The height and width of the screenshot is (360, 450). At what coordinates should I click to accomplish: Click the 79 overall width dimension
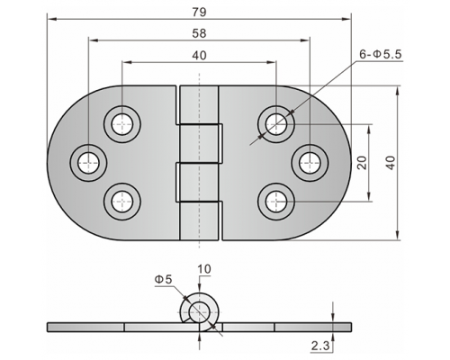coord(199,13)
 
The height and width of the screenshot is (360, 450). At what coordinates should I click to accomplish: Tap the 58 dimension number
coord(199,33)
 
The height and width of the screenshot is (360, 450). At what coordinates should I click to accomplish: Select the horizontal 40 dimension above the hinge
coord(199,56)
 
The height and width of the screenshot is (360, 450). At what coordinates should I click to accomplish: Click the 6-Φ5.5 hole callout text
coord(381,54)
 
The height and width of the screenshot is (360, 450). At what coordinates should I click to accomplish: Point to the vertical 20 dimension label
coord(362,163)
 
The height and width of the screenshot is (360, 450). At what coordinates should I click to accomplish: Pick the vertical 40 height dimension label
coord(391,163)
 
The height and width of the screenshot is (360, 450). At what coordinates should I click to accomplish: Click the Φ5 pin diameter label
coord(164,279)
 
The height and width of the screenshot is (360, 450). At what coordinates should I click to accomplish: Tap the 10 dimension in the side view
coord(204,269)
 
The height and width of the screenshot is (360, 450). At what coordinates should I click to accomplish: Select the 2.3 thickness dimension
coord(320,346)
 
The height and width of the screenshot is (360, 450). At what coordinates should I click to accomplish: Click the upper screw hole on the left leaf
coord(122,124)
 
